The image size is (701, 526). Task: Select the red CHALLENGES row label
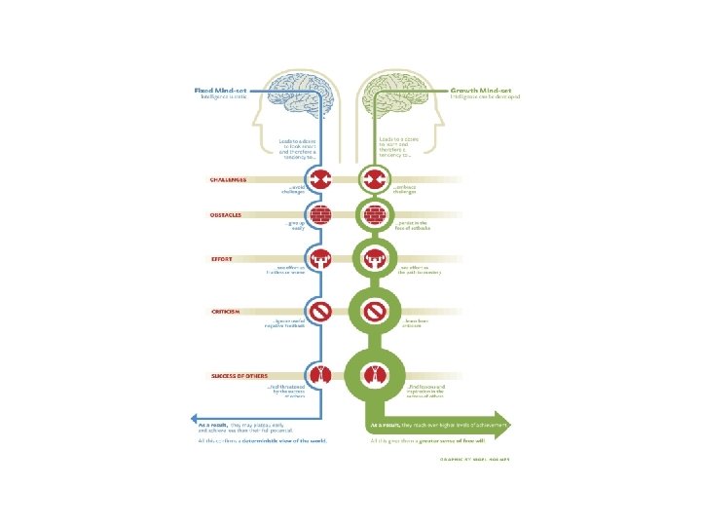click(x=228, y=180)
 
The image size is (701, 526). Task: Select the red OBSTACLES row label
click(x=227, y=213)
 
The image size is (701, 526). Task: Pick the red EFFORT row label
click(x=221, y=258)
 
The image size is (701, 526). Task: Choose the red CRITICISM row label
click(x=225, y=312)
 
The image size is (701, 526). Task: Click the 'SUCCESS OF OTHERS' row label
click(x=240, y=375)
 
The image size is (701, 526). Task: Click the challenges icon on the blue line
click(x=322, y=180)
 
